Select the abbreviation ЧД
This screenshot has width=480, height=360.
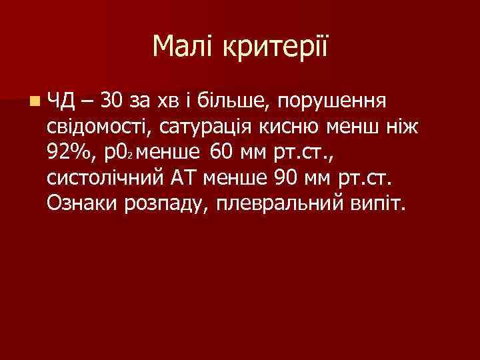tap(63, 102)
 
